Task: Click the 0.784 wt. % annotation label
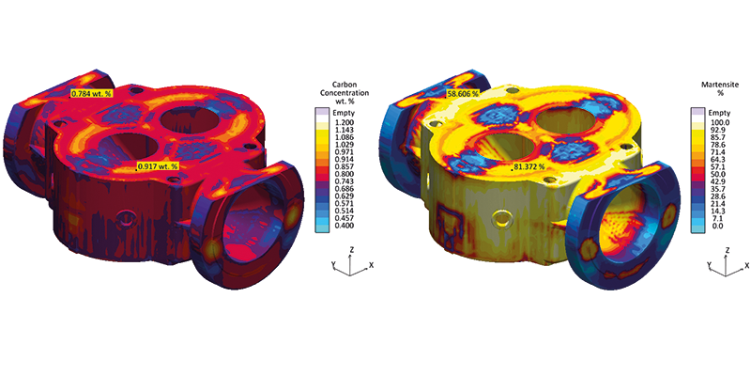pos(91,93)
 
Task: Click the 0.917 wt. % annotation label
pos(158,166)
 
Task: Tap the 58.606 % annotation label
pos(463,93)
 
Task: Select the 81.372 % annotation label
pos(529,166)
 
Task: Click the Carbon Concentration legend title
pos(345,89)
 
